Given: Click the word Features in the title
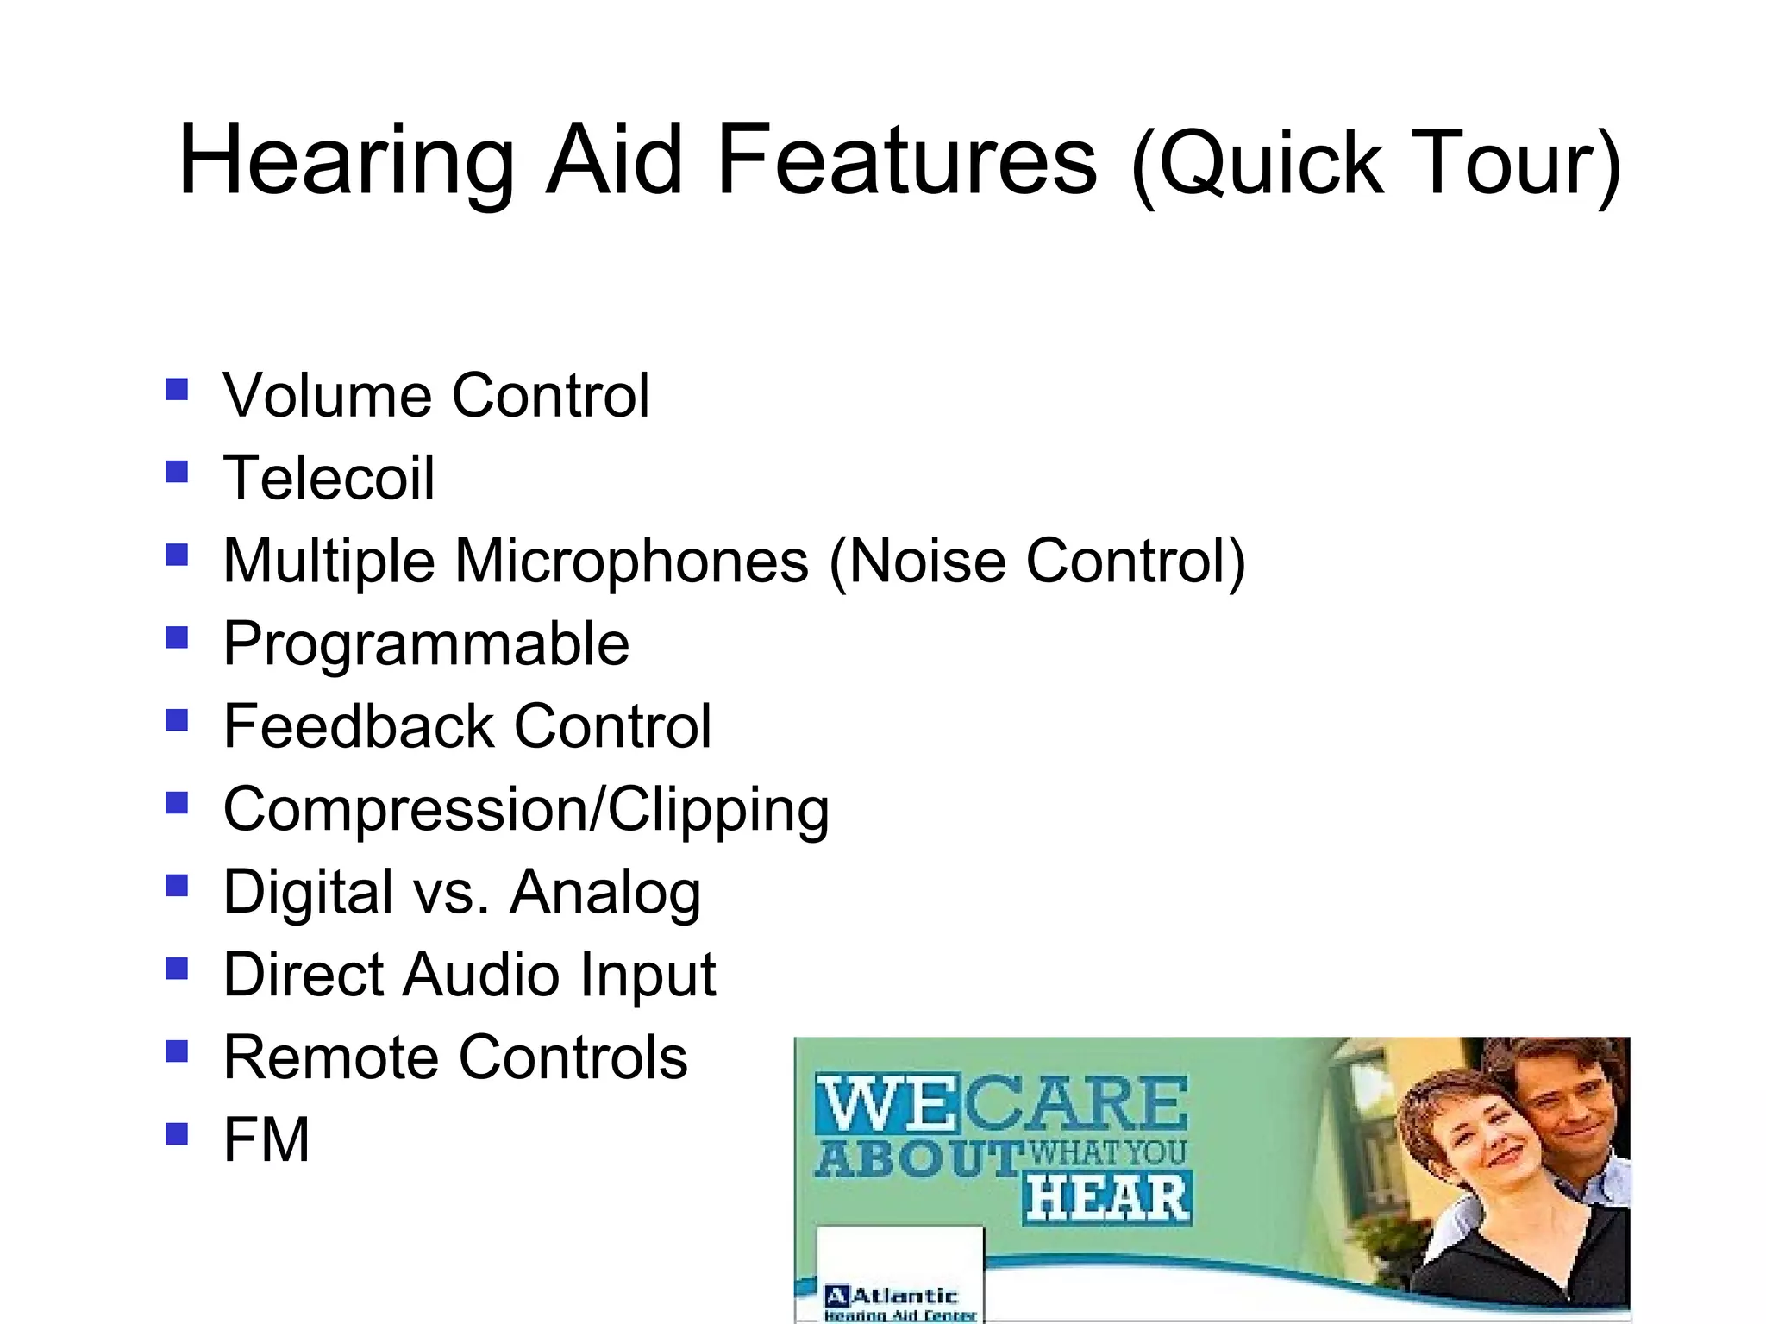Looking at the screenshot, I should [906, 160].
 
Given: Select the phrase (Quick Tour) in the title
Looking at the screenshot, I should [1376, 164].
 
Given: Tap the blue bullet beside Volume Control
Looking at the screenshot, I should [177, 390].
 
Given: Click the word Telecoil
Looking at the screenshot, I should [329, 478].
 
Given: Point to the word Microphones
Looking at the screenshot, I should [631, 561].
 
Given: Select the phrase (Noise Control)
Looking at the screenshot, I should [1037, 561].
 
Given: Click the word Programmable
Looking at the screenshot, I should [426, 643].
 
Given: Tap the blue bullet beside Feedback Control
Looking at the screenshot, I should [177, 720].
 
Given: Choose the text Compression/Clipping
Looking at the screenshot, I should [526, 809].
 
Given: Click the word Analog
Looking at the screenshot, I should [605, 892].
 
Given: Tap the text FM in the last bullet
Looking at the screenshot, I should [266, 1139].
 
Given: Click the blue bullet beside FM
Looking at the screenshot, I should [177, 1133].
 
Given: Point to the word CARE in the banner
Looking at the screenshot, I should [1074, 1104].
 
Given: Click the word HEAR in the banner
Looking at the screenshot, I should [1108, 1199].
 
